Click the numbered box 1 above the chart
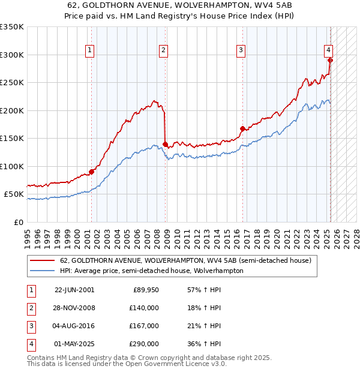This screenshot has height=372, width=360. click(x=89, y=50)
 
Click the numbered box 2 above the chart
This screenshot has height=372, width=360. click(x=163, y=50)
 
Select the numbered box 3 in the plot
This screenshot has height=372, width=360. click(x=240, y=50)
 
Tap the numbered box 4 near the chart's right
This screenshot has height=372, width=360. click(x=329, y=50)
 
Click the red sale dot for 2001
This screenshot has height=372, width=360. click(x=92, y=172)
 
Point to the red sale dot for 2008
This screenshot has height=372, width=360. click(x=165, y=144)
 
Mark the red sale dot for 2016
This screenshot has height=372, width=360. click(x=242, y=128)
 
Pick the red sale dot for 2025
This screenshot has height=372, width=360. click(x=330, y=60)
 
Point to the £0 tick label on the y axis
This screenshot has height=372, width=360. click(x=18, y=222)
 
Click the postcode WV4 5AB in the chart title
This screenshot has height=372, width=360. click(x=271, y=5)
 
